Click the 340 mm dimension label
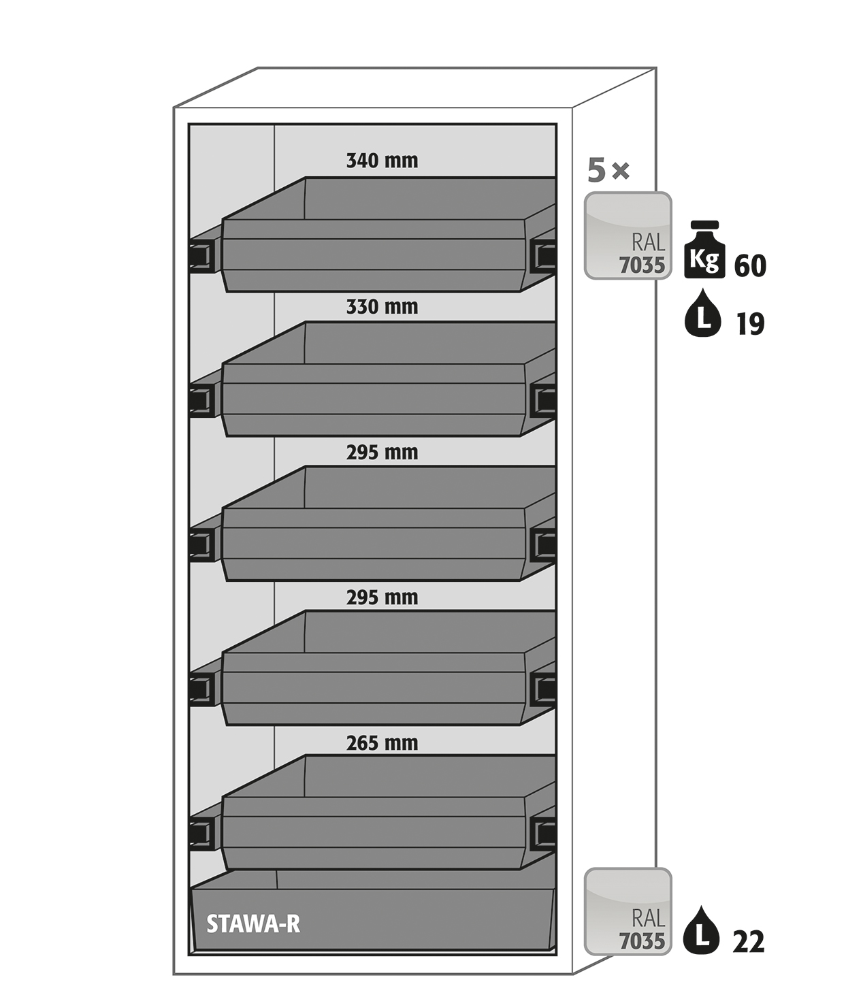coord(382,161)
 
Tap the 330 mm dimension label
coord(382,307)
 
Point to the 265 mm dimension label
coord(382,743)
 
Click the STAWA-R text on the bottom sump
coord(253,924)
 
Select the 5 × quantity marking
coord(608,171)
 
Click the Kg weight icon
coord(704,249)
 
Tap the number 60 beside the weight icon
coord(750,266)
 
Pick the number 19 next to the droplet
coord(750,324)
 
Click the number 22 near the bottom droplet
coord(749,941)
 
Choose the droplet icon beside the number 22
coord(702,930)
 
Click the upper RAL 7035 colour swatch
coord(628,235)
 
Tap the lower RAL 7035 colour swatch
coord(628,911)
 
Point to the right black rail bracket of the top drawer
coord(543,255)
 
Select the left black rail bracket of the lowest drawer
coord(202,833)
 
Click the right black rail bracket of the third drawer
coord(543,544)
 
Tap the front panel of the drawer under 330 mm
coord(373,400)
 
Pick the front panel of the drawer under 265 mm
coord(373,833)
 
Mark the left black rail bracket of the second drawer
coord(202,400)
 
